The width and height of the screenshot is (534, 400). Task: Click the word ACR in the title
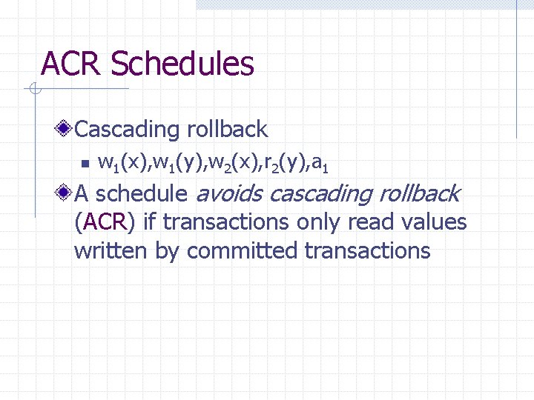(72, 64)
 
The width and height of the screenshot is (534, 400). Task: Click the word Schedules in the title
(182, 64)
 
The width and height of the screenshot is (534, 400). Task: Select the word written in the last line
(111, 250)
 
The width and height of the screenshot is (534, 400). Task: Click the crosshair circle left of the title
(34, 90)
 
